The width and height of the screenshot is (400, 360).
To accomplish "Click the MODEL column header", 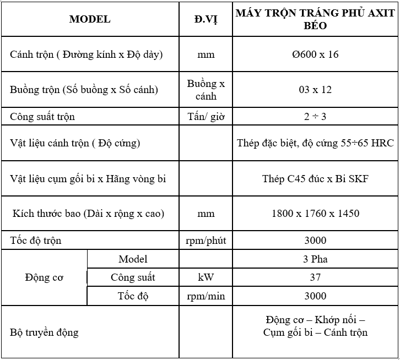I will pyautogui.click(x=90, y=19).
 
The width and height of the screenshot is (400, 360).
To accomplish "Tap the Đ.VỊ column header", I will pyautogui.click(x=206, y=19).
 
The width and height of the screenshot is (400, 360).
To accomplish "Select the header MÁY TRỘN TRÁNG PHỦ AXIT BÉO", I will pyautogui.click(x=315, y=19).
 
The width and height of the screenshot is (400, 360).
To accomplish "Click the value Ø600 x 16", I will pyautogui.click(x=315, y=54).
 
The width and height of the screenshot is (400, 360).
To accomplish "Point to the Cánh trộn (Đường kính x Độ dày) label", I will pyautogui.click(x=87, y=54).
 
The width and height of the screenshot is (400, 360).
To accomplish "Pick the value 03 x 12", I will pyautogui.click(x=315, y=90).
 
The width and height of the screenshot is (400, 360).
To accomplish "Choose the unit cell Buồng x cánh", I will pyautogui.click(x=206, y=90).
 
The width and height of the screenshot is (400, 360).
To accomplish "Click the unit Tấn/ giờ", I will pyautogui.click(x=206, y=117).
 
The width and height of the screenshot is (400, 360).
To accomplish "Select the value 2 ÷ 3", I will pyautogui.click(x=315, y=117).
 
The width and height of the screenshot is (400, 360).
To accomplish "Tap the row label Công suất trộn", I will pyautogui.click(x=43, y=117).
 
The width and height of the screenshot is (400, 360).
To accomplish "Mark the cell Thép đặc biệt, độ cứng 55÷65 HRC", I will pyautogui.click(x=315, y=143).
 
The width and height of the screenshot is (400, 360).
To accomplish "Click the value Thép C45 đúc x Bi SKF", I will pyautogui.click(x=315, y=178).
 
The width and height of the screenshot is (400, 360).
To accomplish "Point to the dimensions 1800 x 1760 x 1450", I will pyautogui.click(x=315, y=213).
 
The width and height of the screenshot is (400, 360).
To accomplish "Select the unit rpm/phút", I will pyautogui.click(x=206, y=241).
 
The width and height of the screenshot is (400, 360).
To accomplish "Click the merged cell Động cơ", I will pyautogui.click(x=44, y=277).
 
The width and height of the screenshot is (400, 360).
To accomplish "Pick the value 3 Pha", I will pyautogui.click(x=315, y=259).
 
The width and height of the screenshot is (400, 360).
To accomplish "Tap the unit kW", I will pyautogui.click(x=206, y=277).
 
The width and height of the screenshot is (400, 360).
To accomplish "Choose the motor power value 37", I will pyautogui.click(x=315, y=277).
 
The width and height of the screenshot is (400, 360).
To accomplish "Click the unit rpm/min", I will pyautogui.click(x=206, y=296).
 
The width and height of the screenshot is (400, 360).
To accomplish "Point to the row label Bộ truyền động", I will pyautogui.click(x=45, y=332).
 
